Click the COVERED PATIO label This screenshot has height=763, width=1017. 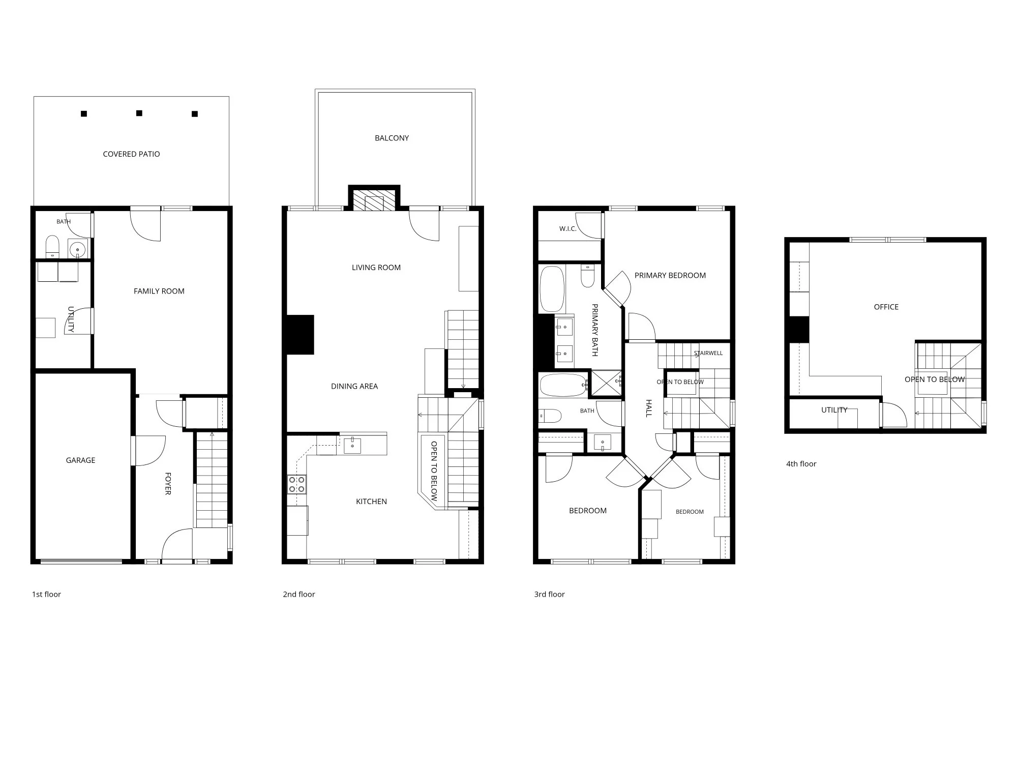[131, 154]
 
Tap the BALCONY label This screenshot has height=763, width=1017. [392, 138]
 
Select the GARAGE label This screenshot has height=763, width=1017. [80, 460]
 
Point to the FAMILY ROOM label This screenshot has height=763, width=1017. [159, 291]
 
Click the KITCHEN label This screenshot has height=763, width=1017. [371, 502]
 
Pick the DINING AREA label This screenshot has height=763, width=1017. [354, 386]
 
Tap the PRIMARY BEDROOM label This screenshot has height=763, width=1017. [670, 275]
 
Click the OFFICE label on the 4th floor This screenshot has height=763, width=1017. [886, 307]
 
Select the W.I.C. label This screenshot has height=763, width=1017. [568, 229]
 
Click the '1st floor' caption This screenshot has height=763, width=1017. [46, 594]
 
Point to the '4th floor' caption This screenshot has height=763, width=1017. [801, 464]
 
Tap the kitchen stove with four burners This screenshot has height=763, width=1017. [296, 484]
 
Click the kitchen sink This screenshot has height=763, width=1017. [352, 446]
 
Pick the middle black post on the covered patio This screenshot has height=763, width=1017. [139, 113]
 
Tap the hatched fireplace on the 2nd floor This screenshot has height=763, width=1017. [375, 200]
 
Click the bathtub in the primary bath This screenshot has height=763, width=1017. [552, 289]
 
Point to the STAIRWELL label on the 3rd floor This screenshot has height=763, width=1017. [708, 353]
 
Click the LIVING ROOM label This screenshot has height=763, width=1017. [376, 268]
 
